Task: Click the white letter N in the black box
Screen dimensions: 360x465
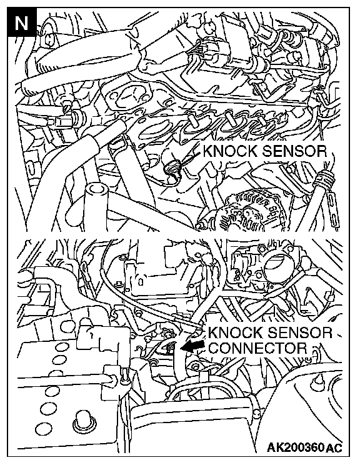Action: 21,23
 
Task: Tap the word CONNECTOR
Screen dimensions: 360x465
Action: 257,347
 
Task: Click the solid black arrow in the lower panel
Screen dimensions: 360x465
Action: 192,346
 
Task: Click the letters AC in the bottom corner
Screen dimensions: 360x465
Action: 334,447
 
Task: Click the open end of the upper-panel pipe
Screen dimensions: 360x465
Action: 96,190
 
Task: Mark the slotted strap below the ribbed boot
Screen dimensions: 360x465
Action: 333,209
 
